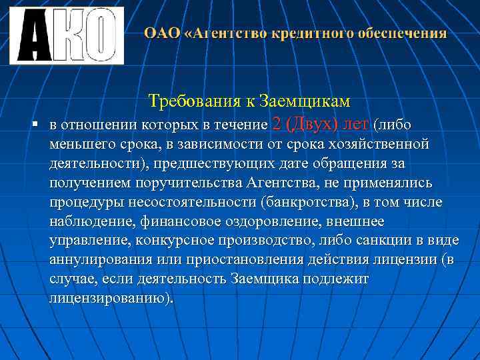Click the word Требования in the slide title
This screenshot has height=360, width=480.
[x=189, y=101]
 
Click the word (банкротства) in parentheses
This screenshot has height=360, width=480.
[x=311, y=202]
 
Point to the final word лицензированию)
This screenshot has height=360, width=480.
[x=110, y=298]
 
